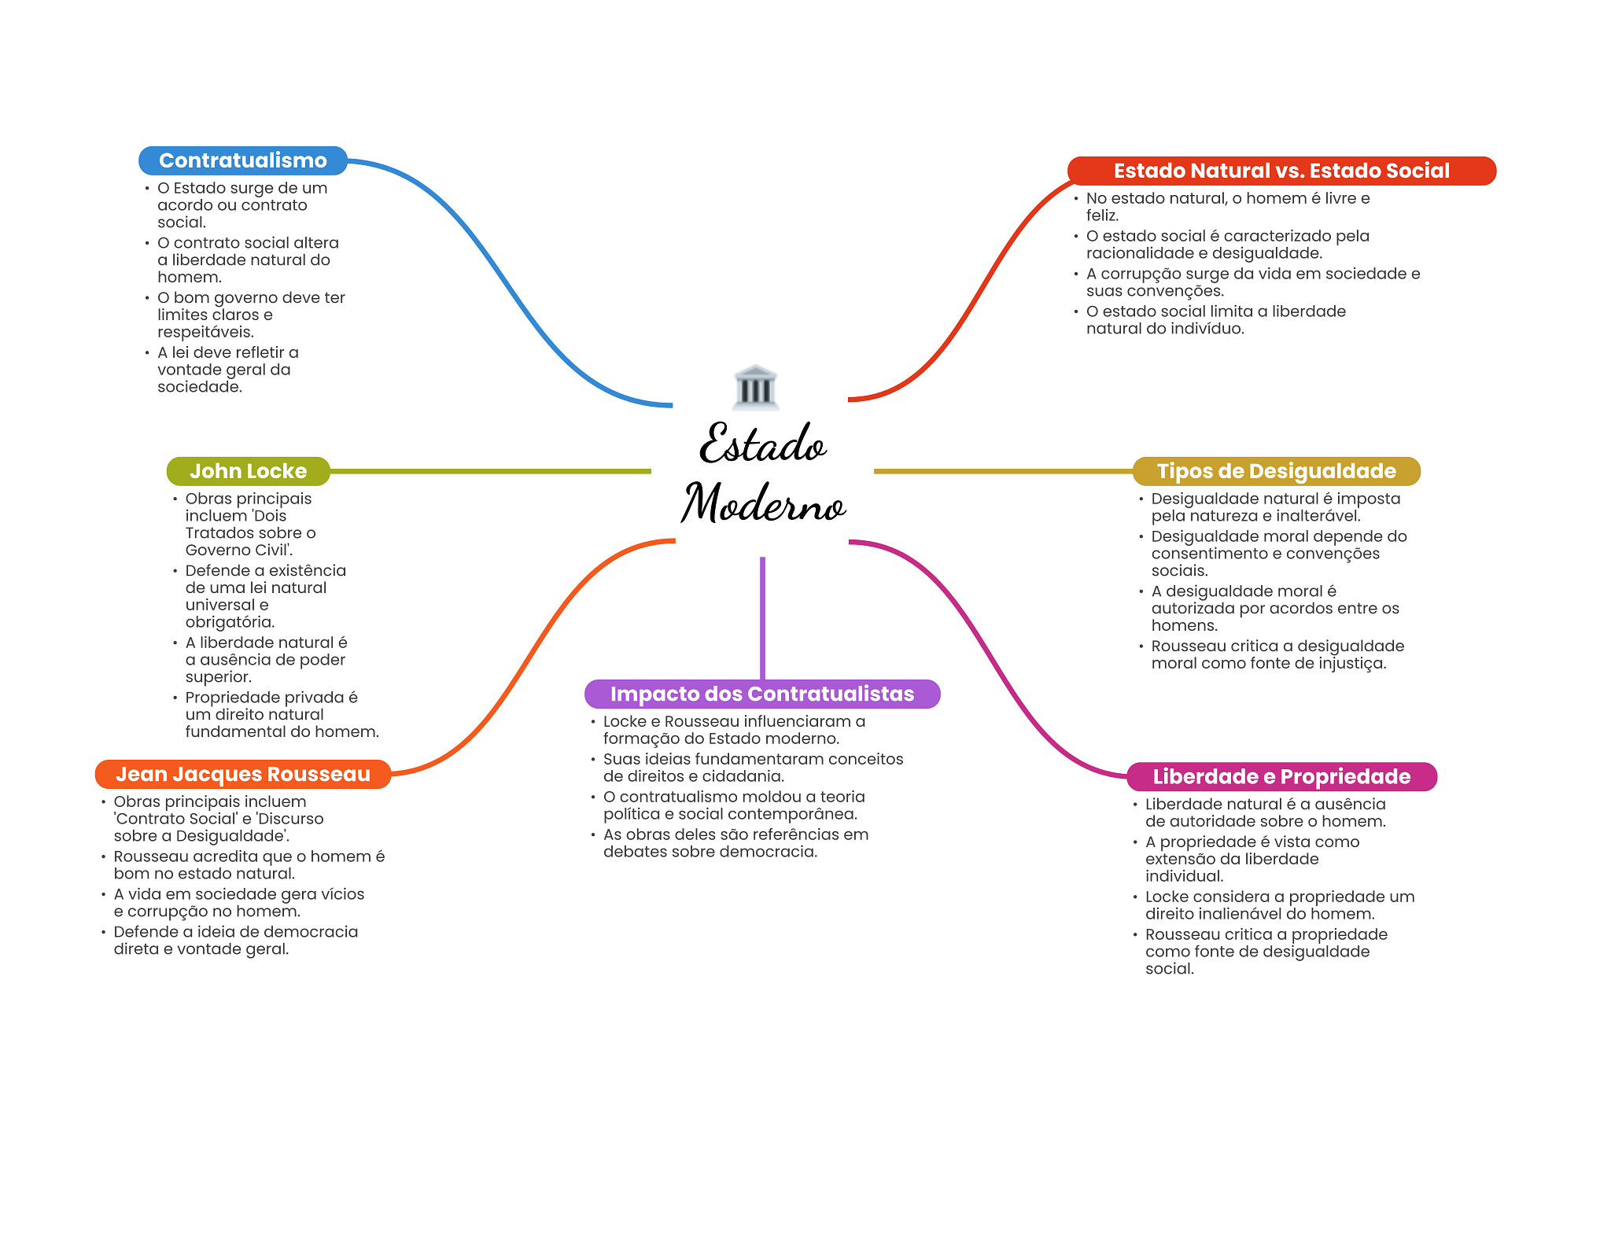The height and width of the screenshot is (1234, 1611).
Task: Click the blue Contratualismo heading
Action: tap(242, 160)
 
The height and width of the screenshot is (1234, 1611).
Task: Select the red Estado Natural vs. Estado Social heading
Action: tap(1281, 171)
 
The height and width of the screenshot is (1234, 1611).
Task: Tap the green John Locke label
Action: tap(248, 471)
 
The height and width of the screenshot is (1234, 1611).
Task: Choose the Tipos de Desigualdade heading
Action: tap(1275, 471)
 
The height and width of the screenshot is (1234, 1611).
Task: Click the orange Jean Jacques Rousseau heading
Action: tap(242, 774)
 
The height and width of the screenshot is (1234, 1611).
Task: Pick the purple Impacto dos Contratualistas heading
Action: tap(761, 694)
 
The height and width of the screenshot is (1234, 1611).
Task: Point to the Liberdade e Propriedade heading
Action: tap(1281, 776)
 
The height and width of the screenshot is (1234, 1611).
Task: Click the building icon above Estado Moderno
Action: tap(755, 387)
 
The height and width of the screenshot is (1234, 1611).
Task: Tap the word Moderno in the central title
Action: tap(763, 503)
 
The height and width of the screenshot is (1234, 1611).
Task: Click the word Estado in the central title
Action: tap(763, 444)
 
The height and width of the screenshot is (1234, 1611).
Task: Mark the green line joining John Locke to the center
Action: tap(488, 471)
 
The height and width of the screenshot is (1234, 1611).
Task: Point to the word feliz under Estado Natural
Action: tap(1102, 215)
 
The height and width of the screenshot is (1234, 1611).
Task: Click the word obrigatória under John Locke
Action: tap(230, 622)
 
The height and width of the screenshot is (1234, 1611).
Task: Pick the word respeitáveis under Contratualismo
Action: tap(205, 332)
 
